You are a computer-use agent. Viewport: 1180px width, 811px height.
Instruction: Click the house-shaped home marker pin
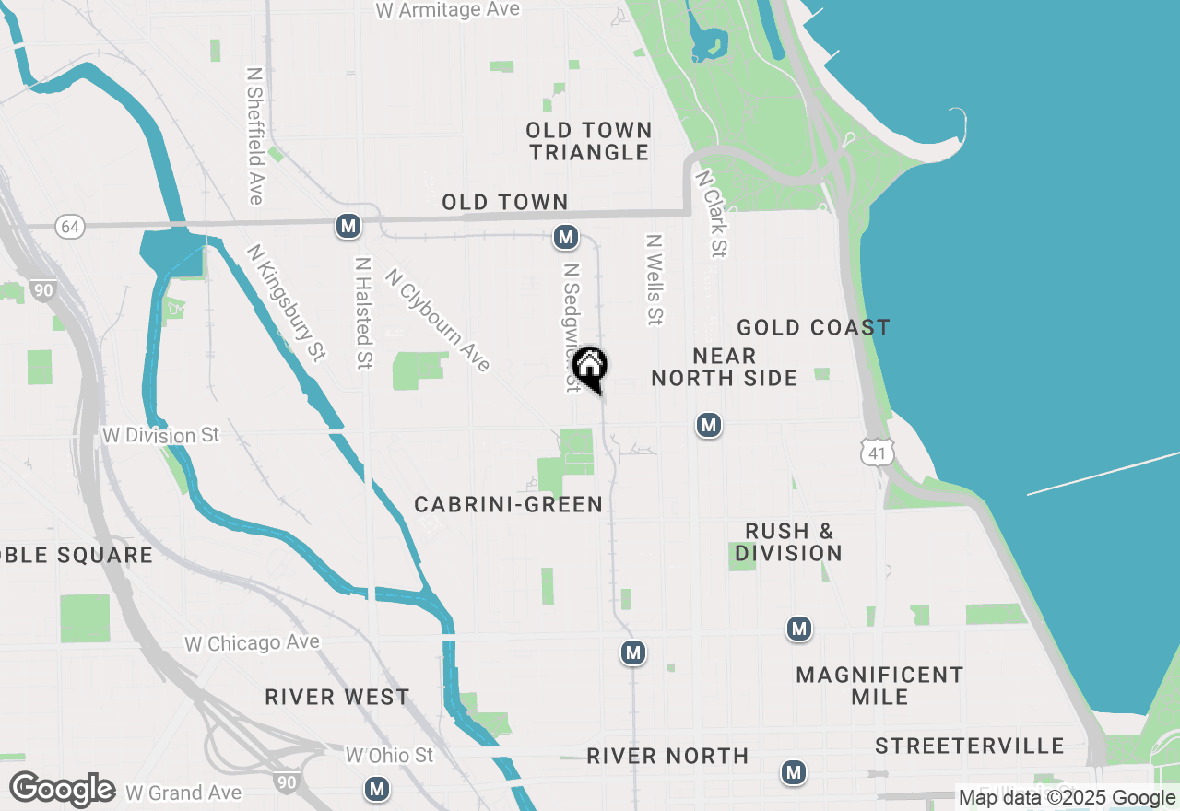(x=590, y=367)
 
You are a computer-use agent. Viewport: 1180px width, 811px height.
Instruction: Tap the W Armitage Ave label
(x=448, y=10)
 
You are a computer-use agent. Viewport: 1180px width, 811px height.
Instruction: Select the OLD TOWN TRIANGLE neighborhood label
(x=590, y=141)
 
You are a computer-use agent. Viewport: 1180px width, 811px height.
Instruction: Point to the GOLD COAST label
(x=813, y=328)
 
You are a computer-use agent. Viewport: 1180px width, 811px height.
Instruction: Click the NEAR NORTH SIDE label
(x=725, y=367)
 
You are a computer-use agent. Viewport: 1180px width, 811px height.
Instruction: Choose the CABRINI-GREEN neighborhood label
(x=508, y=504)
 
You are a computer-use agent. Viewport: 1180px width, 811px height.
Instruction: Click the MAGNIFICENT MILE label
(x=879, y=686)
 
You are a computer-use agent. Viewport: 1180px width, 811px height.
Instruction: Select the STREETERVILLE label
(x=970, y=746)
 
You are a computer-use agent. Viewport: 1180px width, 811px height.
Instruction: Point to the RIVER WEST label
(x=337, y=697)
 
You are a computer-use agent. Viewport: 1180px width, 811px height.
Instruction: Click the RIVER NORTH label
(x=667, y=757)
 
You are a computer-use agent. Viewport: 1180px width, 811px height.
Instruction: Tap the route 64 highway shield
(x=69, y=226)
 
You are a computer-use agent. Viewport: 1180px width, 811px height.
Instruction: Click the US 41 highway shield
(x=876, y=451)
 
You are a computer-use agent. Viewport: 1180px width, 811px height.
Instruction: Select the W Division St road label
(x=160, y=434)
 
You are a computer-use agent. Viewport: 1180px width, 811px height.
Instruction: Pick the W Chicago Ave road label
(x=252, y=643)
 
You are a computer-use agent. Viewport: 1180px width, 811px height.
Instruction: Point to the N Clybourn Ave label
(x=438, y=320)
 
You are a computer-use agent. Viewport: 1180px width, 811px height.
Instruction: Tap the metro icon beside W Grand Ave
(x=376, y=789)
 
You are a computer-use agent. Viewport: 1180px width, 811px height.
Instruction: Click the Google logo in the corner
(x=62, y=789)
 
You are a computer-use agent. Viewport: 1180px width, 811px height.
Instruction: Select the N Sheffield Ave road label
(x=255, y=135)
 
